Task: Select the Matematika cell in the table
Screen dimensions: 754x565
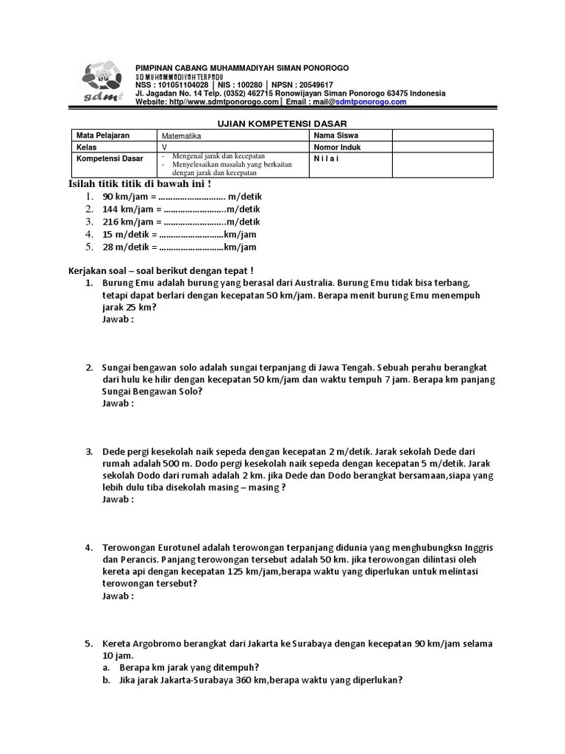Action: point(182,136)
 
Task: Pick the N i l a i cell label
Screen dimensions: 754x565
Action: point(327,158)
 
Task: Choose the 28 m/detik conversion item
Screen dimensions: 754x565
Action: point(179,247)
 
